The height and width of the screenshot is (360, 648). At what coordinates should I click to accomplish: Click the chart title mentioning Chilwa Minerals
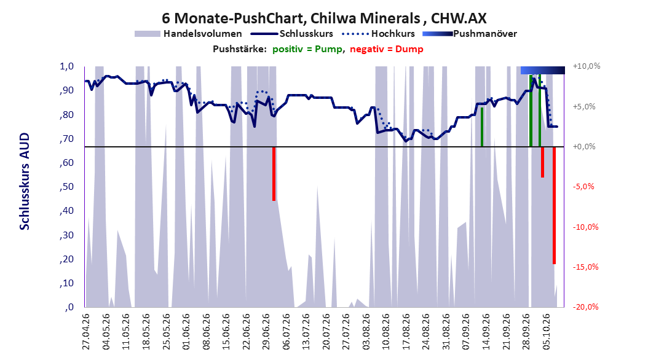click(x=324, y=18)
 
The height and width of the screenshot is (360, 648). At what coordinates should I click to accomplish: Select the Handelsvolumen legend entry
click(x=188, y=34)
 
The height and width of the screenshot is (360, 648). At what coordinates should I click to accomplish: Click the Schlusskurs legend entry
click(x=292, y=34)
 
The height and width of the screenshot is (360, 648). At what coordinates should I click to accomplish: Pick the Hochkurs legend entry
click(x=378, y=34)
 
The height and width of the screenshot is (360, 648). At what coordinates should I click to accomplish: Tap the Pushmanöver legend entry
click(x=470, y=34)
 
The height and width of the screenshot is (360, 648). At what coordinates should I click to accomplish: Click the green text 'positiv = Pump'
click(x=307, y=49)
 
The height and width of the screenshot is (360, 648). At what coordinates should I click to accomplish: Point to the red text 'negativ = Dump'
click(x=387, y=49)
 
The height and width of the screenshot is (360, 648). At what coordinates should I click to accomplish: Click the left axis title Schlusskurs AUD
click(x=25, y=181)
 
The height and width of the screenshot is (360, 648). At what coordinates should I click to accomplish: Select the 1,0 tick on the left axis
click(x=66, y=66)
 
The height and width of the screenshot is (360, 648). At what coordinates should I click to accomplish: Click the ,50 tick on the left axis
click(x=66, y=187)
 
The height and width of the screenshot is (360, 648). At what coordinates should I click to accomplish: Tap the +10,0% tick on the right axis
click(x=587, y=66)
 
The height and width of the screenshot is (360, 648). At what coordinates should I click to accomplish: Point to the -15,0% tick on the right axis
click(x=585, y=267)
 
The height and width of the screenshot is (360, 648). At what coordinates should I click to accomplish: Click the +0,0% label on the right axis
click(x=584, y=147)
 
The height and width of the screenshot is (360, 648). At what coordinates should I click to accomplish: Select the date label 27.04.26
click(x=86, y=332)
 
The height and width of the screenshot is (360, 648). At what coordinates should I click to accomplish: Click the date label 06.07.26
click(x=286, y=332)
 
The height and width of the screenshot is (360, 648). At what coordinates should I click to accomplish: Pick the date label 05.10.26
click(x=547, y=332)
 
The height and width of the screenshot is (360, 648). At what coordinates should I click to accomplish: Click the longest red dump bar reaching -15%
click(x=554, y=205)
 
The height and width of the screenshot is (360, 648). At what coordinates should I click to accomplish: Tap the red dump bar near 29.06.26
click(x=274, y=174)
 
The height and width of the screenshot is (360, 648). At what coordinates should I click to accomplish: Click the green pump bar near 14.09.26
click(x=482, y=127)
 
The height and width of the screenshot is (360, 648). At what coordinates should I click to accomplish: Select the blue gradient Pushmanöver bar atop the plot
click(x=543, y=70)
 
